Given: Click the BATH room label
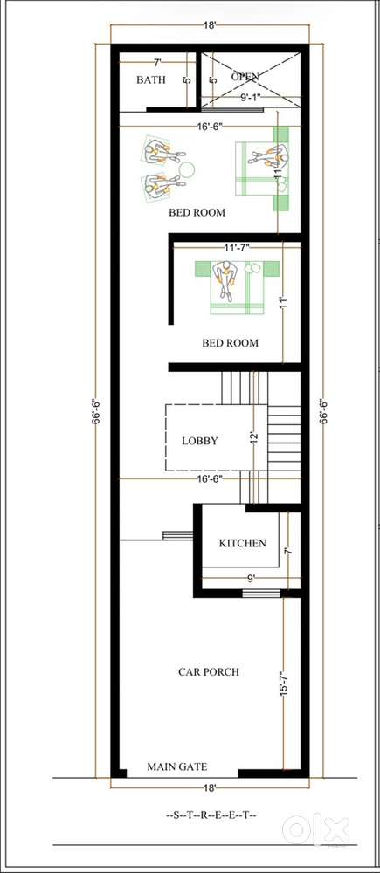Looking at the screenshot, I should (x=150, y=79).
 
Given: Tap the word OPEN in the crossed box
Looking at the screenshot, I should (x=245, y=77).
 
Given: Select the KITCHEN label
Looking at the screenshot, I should (x=242, y=543).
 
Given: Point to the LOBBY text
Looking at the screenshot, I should (x=199, y=441).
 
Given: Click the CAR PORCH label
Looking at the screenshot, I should (x=209, y=671).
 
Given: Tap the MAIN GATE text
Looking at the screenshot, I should (x=176, y=766).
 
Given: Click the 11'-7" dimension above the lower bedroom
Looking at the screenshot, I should (x=235, y=248).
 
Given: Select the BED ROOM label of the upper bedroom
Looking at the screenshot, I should (x=197, y=212).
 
